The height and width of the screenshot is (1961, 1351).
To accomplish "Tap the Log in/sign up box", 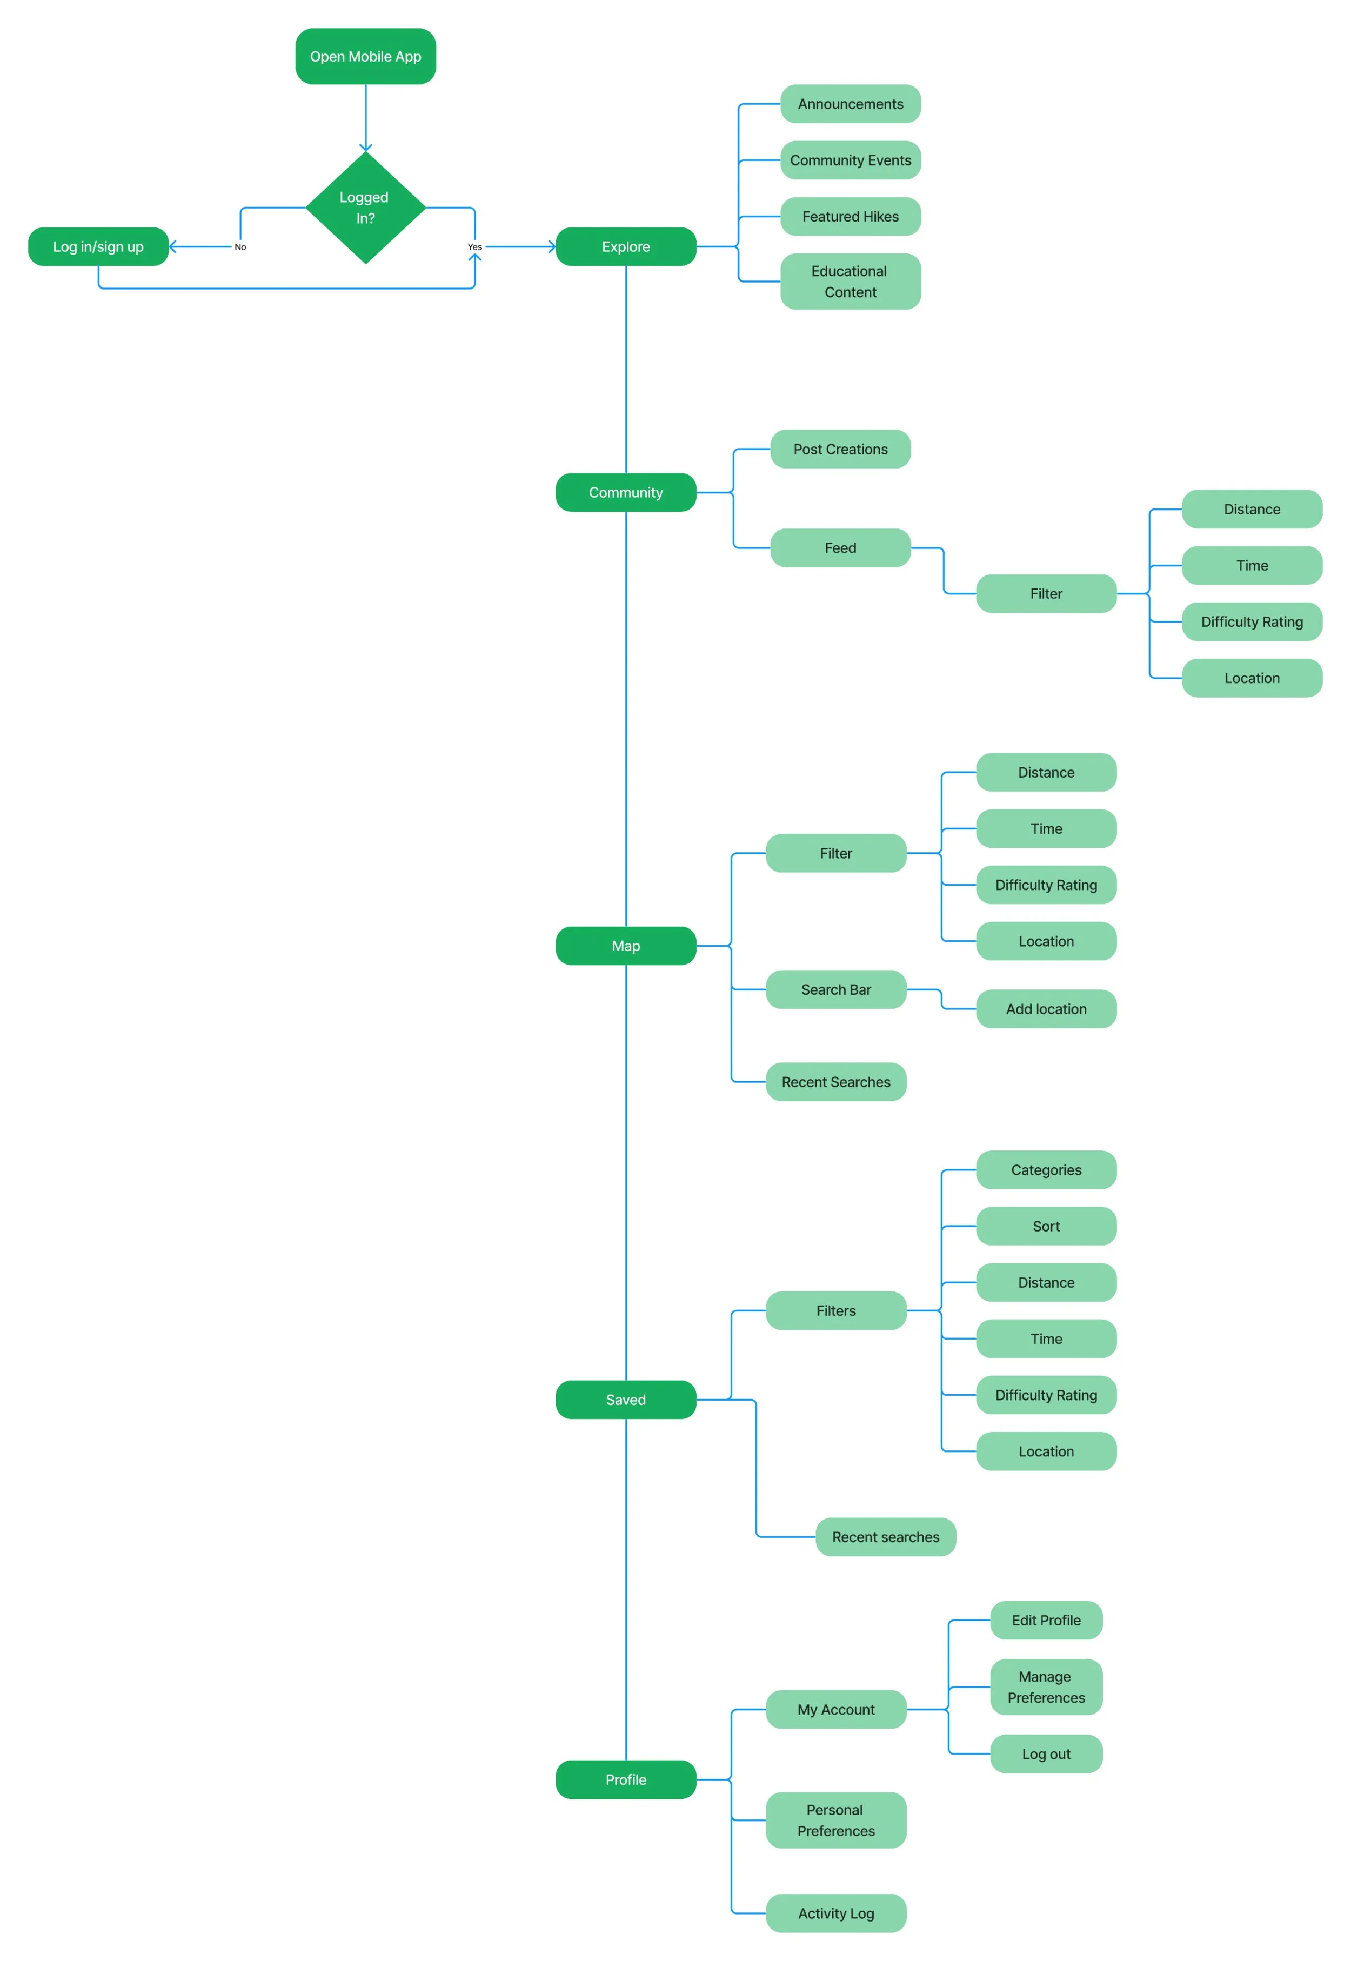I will click(x=98, y=246).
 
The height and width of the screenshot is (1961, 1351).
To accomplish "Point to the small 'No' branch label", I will click(x=240, y=247).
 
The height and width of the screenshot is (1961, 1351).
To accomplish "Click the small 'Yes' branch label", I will click(x=475, y=247).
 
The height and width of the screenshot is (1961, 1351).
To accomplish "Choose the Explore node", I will click(x=626, y=246).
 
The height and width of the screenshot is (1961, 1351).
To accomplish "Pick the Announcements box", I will click(x=850, y=104).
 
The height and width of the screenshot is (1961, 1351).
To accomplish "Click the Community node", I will click(x=626, y=493).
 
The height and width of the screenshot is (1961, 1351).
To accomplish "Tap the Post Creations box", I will click(x=840, y=450).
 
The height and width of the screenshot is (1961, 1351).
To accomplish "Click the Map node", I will click(x=626, y=946).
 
